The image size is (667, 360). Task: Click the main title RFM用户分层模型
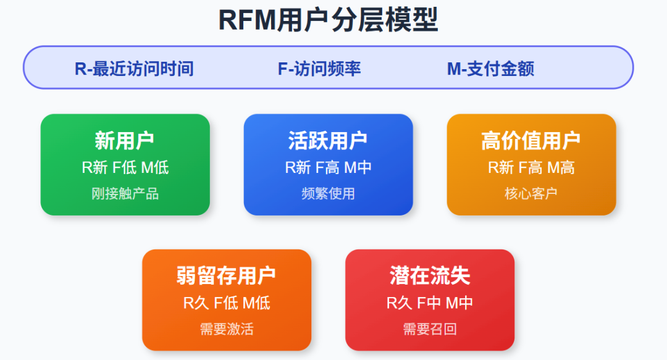328,20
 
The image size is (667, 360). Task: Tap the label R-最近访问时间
134,69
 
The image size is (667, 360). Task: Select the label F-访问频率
319,69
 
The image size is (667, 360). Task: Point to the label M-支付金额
490,69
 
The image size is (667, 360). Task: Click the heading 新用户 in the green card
125,140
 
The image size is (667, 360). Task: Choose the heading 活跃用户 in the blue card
328,140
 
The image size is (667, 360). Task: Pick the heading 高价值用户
531,140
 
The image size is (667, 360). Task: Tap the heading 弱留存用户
226,276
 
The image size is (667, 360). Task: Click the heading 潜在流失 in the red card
430,276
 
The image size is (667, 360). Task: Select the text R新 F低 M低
125,167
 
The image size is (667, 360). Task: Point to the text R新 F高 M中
328,167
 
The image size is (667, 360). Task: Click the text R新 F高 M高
531,167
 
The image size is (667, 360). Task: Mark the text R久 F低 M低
226,303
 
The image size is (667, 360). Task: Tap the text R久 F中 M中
430,303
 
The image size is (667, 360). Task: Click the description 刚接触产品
125,194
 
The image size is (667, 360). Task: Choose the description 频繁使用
328,194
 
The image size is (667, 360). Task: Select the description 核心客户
531,194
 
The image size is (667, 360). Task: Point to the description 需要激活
226,329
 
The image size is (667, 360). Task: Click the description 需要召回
430,329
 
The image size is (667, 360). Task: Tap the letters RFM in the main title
247,20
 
